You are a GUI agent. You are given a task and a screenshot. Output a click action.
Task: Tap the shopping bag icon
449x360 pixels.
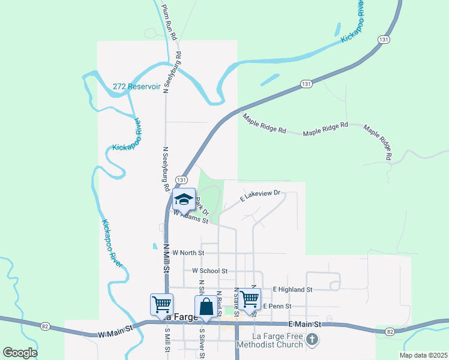[206, 306]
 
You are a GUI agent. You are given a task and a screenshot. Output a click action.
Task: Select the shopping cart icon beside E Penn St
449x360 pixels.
[250, 298]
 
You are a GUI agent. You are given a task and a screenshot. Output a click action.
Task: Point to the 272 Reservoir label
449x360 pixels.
[137, 86]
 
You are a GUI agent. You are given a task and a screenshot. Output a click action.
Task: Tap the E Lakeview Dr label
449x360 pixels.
[261, 195]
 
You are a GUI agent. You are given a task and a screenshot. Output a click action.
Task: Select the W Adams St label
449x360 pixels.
[190, 217]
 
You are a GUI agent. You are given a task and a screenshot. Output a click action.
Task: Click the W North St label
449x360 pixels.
[188, 253]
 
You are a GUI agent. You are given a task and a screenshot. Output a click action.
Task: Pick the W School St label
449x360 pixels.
[209, 271]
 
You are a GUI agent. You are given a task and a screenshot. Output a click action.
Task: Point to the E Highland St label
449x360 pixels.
[292, 289]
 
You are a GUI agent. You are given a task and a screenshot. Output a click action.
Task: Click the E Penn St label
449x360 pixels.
[277, 306]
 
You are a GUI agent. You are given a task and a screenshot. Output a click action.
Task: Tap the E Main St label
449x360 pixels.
[305, 324]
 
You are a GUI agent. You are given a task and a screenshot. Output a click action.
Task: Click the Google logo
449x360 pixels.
[20, 353]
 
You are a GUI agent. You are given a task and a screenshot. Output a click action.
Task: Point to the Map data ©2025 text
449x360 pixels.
[423, 355]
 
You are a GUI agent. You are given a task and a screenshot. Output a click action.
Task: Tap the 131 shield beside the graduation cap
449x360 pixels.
[181, 180]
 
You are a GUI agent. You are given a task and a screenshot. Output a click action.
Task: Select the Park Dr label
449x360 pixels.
[202, 207]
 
